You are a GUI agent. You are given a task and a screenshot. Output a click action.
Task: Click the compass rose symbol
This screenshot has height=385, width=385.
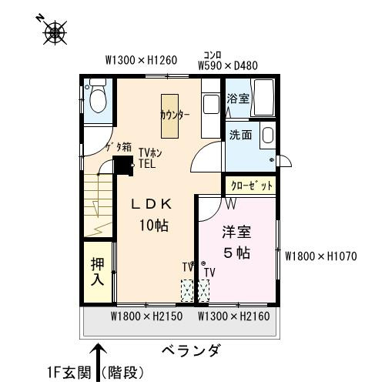pyautogui.click(x=55, y=32)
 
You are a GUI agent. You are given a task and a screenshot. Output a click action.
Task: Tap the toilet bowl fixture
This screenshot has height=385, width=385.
pyautogui.click(x=99, y=96)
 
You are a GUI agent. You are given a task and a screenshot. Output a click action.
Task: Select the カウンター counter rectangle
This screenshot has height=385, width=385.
pyautogui.click(x=169, y=116)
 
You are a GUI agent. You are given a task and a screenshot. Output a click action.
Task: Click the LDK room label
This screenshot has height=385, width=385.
pyautogui.click(x=152, y=204)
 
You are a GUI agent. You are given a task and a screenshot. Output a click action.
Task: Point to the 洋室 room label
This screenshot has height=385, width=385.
pyautogui.click(x=236, y=232)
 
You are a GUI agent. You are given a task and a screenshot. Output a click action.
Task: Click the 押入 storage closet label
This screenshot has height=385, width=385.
pyautogui.click(x=98, y=272)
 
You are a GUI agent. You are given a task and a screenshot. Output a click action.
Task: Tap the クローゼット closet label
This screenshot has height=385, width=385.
pyautogui.click(x=252, y=186)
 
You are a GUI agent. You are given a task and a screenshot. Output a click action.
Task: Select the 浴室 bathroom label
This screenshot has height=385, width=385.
pyautogui.click(x=238, y=99)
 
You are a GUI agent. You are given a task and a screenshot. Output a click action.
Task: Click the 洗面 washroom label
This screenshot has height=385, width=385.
pyautogui.click(x=240, y=135)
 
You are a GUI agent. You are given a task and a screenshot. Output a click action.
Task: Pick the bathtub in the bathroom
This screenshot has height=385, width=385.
pyautogui.click(x=263, y=97)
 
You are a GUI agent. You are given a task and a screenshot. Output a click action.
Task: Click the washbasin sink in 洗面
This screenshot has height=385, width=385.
pyautogui.click(x=267, y=135)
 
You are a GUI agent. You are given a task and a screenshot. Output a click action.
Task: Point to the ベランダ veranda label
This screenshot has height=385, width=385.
pyautogui.click(x=191, y=350)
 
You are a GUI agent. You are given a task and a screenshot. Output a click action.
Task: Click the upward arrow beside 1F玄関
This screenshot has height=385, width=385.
pyautogui.click(x=98, y=363)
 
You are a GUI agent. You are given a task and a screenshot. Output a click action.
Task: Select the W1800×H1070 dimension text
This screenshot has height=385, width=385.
pyautogui.click(x=321, y=256)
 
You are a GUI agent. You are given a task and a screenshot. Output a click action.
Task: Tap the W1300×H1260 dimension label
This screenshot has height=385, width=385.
pyautogui.click(x=141, y=60)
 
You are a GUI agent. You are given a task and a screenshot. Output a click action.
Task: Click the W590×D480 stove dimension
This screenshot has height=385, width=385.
pyautogui.click(x=228, y=65)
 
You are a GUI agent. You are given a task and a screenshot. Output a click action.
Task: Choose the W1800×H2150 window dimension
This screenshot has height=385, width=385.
pyautogui.click(x=147, y=316)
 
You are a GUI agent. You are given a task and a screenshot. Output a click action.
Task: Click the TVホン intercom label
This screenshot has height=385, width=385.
pyautogui.click(x=150, y=152)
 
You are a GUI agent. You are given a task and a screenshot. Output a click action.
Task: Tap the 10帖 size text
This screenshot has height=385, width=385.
pyautogui.click(x=154, y=226)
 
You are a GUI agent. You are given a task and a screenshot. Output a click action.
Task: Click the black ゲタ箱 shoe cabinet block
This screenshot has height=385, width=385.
pyautogui.click(x=123, y=166)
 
